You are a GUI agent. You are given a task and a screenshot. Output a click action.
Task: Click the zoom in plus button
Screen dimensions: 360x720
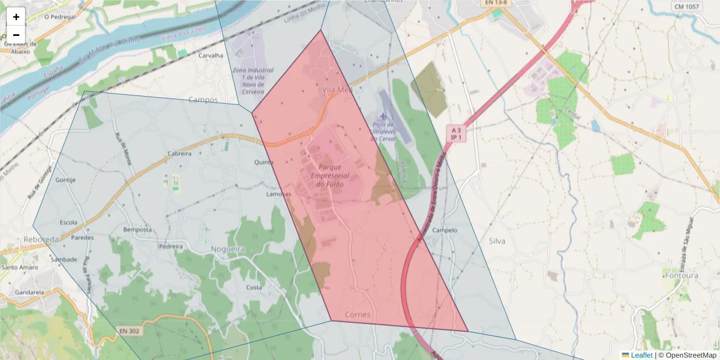click(x=16, y=17)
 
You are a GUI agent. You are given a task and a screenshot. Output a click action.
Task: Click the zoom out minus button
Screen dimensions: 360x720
click(x=16, y=35)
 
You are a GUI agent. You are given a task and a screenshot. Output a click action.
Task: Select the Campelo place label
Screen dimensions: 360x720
click(x=445, y=230)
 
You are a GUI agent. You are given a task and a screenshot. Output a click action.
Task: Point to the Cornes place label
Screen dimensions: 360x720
click(x=358, y=315)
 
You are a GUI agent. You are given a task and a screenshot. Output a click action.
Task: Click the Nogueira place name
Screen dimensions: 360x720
click(x=228, y=249)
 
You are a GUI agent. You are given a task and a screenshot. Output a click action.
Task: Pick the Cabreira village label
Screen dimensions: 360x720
click(x=179, y=154)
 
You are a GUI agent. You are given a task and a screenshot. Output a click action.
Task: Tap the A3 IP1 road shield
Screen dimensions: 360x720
click(x=456, y=133)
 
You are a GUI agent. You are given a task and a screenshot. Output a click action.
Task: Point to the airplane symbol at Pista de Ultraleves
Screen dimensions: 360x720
click(x=383, y=115)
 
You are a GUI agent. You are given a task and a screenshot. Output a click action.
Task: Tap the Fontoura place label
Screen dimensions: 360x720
click(x=682, y=275)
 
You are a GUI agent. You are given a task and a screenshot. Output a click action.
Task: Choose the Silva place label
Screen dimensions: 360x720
click(x=497, y=241)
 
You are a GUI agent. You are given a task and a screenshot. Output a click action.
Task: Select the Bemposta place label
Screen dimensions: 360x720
click(x=137, y=230)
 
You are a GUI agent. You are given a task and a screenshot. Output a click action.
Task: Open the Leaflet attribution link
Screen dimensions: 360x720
click(x=641, y=355)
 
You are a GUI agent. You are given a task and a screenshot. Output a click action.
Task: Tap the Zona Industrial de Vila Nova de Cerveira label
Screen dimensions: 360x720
click(x=253, y=81)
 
